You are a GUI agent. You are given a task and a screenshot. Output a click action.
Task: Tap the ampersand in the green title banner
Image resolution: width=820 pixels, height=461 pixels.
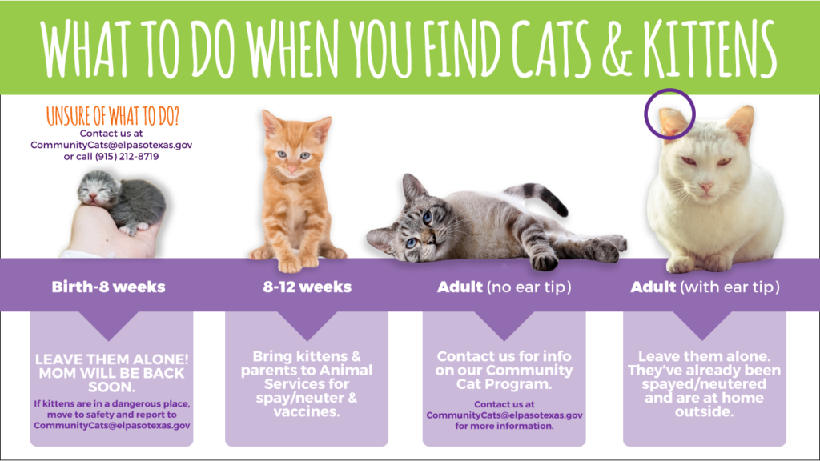pyautogui.click(x=617, y=49)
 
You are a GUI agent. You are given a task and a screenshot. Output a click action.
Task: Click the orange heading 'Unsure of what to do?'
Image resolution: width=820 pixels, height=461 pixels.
pyautogui.click(x=112, y=116)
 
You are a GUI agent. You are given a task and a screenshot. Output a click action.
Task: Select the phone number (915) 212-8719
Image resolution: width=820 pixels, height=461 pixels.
pyautogui.click(x=127, y=156)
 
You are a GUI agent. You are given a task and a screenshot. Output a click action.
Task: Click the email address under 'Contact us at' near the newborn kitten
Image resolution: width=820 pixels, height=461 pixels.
pyautogui.click(x=111, y=145)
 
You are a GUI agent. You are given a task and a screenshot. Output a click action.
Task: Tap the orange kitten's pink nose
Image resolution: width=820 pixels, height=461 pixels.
pyautogui.click(x=291, y=169)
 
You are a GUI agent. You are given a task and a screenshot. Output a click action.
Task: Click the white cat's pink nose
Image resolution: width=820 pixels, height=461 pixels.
pyautogui.click(x=706, y=187)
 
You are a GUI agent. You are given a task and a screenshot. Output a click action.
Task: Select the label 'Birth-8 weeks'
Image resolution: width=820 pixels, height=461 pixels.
pyautogui.click(x=108, y=287)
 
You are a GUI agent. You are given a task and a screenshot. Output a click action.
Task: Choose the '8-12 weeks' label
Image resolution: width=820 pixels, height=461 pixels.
pyautogui.click(x=307, y=287)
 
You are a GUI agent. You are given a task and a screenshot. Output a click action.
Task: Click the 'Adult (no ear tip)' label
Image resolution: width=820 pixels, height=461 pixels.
pyautogui.click(x=504, y=287)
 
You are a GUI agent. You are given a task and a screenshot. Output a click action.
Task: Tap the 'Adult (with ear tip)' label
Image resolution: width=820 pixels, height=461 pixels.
pyautogui.click(x=705, y=287)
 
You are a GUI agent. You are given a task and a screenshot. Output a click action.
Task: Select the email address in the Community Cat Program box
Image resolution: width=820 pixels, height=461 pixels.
pyautogui.click(x=504, y=415)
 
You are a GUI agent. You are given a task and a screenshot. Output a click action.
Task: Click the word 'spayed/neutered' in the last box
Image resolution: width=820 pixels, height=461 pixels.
pyautogui.click(x=704, y=384)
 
